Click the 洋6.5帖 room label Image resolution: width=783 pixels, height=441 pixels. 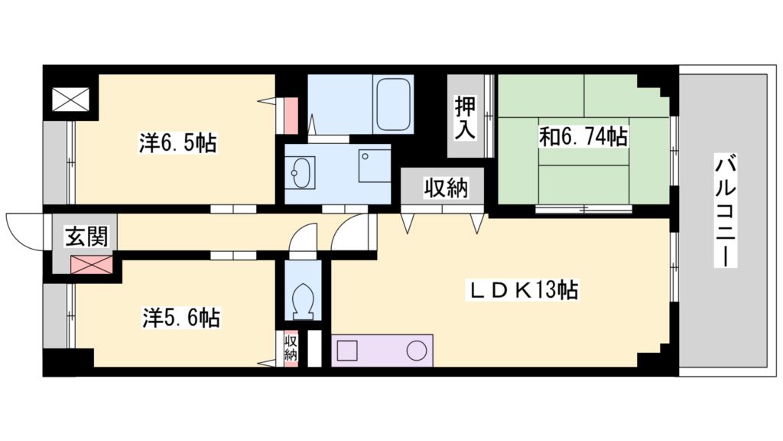pyautogui.click(x=177, y=142)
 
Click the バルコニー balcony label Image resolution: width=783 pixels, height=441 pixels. pyautogui.click(x=726, y=210)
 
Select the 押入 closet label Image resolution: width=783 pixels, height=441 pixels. pyautogui.click(x=465, y=117)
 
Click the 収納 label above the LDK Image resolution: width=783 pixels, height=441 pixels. pyautogui.click(x=447, y=188)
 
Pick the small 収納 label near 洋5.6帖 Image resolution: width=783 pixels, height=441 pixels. pyautogui.click(x=291, y=348)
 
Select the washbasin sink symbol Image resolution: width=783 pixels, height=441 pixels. pyautogui.click(x=302, y=172)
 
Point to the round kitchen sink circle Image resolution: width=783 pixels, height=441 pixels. pyautogui.click(x=416, y=351)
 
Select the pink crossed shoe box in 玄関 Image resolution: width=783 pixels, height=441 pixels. pyautogui.click(x=91, y=264)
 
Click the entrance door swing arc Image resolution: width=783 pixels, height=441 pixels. pyautogui.click(x=23, y=230)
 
